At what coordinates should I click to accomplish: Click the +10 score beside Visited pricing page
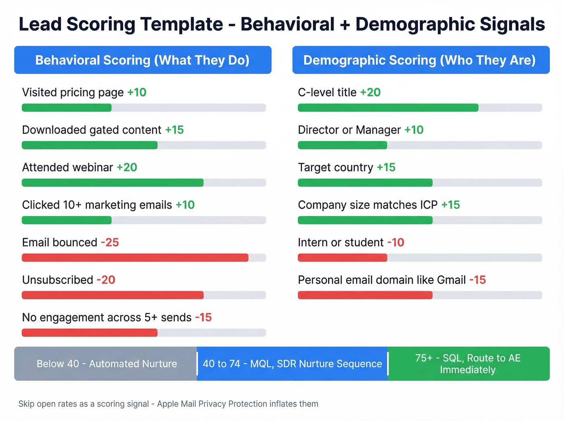click(x=137, y=92)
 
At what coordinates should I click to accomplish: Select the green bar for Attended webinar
click(x=112, y=183)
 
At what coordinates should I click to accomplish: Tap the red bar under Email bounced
click(x=135, y=257)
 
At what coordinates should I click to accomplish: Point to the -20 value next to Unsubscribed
click(x=106, y=280)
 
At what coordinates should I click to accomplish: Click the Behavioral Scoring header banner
click(x=143, y=60)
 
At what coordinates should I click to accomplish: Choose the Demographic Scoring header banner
click(x=421, y=60)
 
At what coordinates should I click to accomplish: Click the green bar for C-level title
click(x=388, y=108)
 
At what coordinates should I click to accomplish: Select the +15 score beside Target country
click(x=386, y=167)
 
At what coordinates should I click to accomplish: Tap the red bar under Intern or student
click(x=342, y=257)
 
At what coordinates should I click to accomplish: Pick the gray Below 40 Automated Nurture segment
click(x=106, y=364)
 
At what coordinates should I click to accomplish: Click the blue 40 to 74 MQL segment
click(x=292, y=364)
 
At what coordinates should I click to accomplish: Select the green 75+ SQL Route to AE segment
click(x=468, y=364)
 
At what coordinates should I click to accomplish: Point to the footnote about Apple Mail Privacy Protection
click(x=168, y=404)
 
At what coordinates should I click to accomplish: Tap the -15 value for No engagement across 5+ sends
click(x=203, y=317)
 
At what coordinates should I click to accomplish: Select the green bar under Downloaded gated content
click(x=89, y=145)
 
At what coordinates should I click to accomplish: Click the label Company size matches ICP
click(x=367, y=205)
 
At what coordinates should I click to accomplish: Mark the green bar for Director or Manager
click(x=342, y=145)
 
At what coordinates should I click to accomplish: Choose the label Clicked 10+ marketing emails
click(x=97, y=205)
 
